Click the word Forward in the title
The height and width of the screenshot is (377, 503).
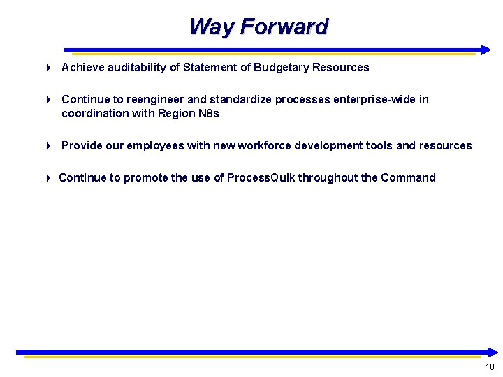[x=284, y=27]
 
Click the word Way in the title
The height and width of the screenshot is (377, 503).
[x=212, y=27]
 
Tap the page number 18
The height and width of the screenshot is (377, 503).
[x=489, y=367]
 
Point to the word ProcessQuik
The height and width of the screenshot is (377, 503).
[x=261, y=177]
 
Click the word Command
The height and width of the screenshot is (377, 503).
[x=408, y=177]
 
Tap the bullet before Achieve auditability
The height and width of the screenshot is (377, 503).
[x=48, y=68]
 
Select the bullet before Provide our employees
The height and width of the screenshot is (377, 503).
[x=48, y=146]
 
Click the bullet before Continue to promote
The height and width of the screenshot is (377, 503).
[x=48, y=178]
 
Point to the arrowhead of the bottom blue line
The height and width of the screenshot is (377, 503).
[x=493, y=353]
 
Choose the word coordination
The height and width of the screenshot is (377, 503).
[x=95, y=113]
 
